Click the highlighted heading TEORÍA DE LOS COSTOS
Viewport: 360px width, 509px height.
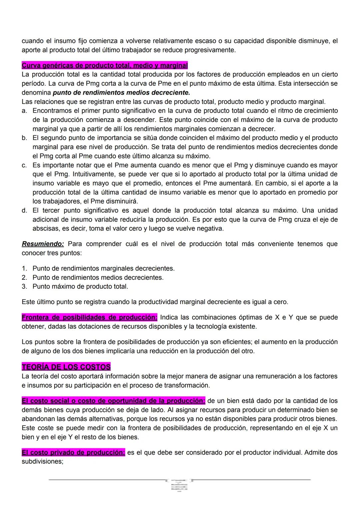tap(66, 367)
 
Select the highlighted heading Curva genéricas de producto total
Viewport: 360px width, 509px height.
tap(105, 65)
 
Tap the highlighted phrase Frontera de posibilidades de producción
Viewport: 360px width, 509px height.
tap(89, 317)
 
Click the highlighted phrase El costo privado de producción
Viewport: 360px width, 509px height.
tap(73, 452)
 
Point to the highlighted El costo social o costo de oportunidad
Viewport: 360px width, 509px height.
tap(113, 401)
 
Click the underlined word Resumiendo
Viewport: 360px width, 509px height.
tap(43, 244)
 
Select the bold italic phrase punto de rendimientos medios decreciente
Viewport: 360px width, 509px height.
tap(121, 93)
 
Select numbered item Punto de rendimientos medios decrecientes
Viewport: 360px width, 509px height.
tap(98, 278)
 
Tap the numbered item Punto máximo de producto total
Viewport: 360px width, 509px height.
tap(80, 287)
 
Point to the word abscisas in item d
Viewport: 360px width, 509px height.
tap(46, 229)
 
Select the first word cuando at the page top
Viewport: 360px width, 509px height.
tap(32, 41)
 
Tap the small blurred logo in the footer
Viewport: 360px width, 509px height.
tap(179, 485)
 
